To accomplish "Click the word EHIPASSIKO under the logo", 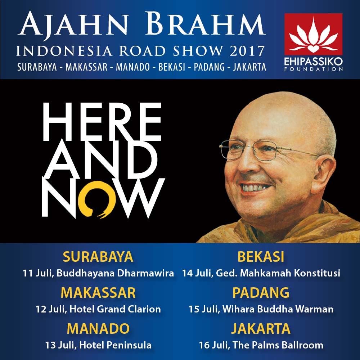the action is point(314,62).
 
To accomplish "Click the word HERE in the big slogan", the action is point(102,122).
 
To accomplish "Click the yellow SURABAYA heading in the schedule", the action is point(98,257).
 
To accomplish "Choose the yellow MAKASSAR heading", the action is point(98,292).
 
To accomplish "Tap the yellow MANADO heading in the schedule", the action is point(98,329).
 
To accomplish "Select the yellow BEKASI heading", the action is point(261,257).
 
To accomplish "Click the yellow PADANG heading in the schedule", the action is point(261,292).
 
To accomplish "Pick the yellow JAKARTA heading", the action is point(261,329).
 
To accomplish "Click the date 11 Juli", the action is point(38,273).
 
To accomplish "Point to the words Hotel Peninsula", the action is point(115,345).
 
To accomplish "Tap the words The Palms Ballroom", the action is point(278,345).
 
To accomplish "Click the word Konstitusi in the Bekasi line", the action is point(317,273).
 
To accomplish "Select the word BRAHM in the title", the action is point(205,24).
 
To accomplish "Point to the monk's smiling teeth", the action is point(253,188).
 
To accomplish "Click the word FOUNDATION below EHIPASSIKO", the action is point(314,69).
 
